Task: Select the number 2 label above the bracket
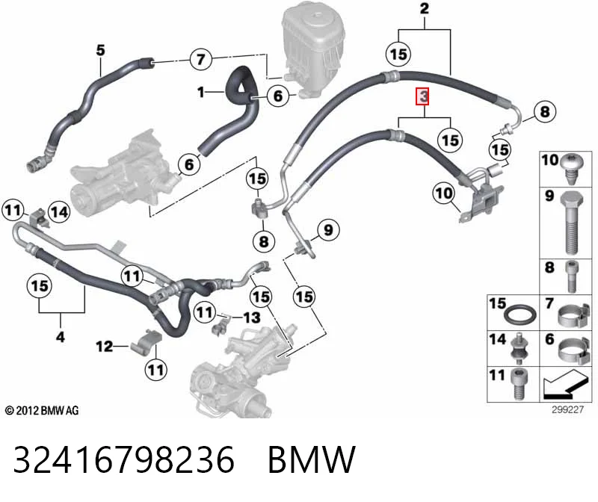[425, 8]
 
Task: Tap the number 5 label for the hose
[100, 50]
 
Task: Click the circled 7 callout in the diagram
[201, 59]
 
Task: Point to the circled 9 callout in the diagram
[328, 230]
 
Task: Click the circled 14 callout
[59, 212]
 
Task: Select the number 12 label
[105, 347]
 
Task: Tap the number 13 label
[252, 317]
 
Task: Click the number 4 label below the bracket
[61, 337]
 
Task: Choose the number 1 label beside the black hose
[201, 92]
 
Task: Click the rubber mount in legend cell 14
[519, 347]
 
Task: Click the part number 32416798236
[123, 459]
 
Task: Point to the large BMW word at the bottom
[312, 459]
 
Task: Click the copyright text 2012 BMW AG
[42, 411]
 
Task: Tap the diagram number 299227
[567, 409]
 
